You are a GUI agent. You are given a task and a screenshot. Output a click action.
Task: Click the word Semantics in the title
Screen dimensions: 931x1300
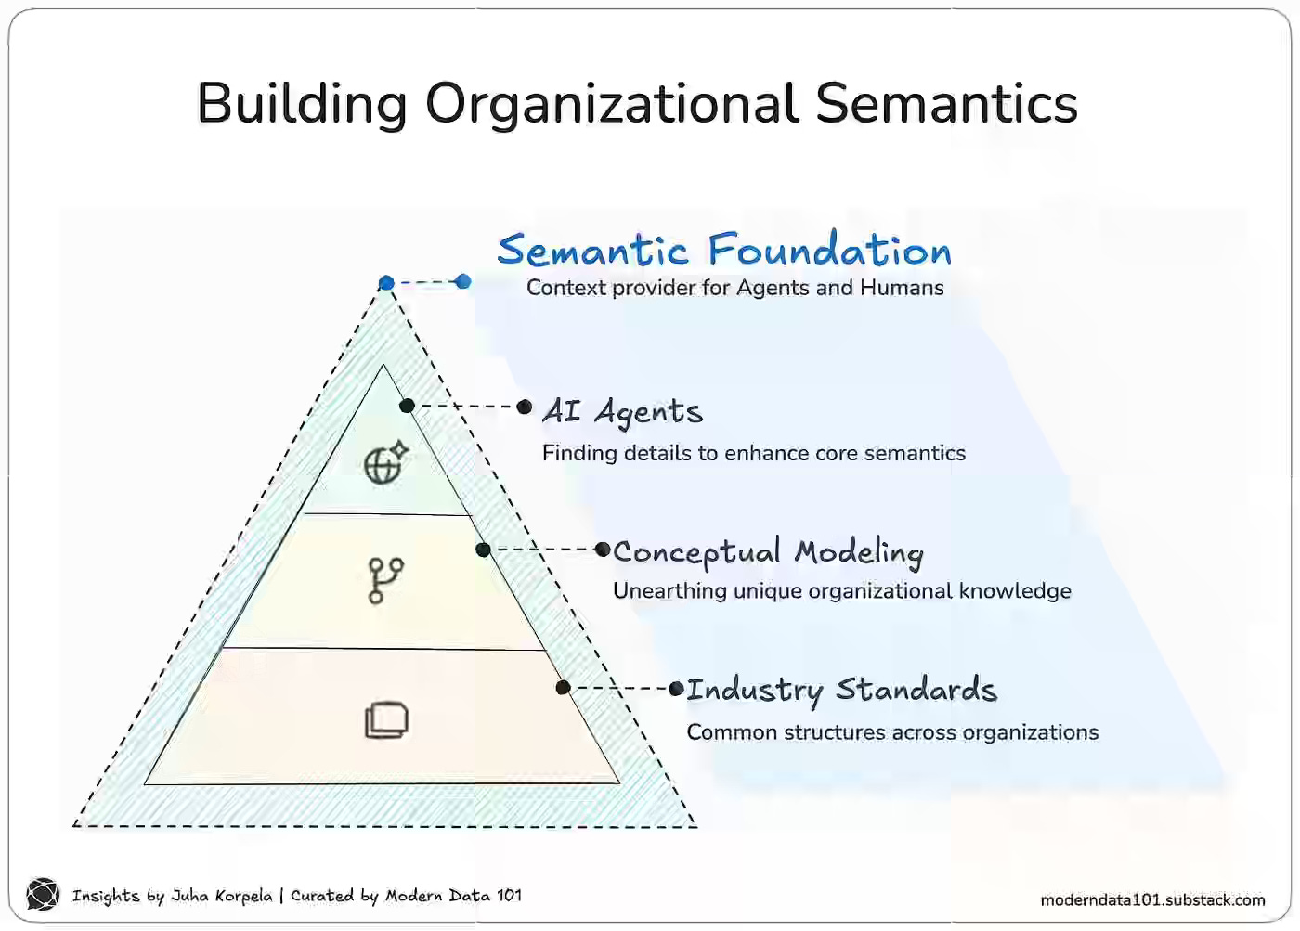point(946,103)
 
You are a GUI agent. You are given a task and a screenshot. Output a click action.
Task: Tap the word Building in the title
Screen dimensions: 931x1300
point(302,103)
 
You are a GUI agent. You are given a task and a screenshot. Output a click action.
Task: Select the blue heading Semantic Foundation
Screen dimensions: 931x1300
point(724,250)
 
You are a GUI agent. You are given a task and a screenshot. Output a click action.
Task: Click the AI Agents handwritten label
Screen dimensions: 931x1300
point(623,410)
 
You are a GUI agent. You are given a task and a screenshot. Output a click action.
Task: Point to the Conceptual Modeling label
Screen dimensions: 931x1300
point(769,552)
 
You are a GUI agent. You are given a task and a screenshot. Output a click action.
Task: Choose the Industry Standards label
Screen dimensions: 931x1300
point(841,690)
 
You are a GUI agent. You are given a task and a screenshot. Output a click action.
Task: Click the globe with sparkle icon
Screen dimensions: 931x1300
point(385,462)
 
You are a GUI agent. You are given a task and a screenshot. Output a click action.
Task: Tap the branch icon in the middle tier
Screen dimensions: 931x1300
point(385,580)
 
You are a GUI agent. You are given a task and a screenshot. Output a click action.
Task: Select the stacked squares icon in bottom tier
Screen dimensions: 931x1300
point(386,720)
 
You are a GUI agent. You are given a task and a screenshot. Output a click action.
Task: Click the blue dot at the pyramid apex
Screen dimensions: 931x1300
point(386,283)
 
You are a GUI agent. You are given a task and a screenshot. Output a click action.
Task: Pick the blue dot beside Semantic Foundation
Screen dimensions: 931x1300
point(463,281)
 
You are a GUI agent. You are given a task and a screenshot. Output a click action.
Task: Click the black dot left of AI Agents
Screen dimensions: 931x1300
point(525,407)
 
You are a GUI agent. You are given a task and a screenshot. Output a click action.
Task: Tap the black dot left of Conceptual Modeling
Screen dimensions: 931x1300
point(604,550)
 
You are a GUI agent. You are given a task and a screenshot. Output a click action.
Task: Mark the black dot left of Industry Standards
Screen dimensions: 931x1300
point(677,689)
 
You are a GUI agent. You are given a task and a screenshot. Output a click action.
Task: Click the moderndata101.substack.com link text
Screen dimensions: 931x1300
point(1152,899)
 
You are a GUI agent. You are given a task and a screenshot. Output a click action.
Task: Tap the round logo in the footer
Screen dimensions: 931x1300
point(43,895)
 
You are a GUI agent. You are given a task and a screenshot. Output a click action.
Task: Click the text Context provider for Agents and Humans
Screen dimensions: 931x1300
point(734,288)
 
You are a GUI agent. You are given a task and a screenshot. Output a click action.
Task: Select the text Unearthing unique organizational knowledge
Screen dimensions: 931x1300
point(841,591)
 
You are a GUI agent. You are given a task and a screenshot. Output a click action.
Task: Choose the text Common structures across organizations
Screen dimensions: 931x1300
point(892,732)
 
